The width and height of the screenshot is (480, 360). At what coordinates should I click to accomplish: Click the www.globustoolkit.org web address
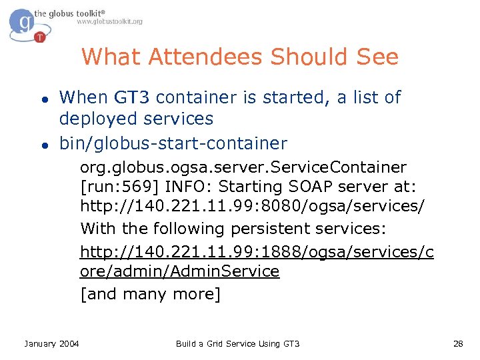(109, 22)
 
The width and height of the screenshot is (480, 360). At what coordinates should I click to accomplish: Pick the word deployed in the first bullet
(94, 119)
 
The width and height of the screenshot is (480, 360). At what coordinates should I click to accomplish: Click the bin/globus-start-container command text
(173, 143)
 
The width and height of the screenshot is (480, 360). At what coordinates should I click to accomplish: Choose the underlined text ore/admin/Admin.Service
(180, 271)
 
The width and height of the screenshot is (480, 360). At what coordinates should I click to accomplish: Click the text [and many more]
(150, 293)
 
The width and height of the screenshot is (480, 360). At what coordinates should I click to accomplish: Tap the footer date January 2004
(51, 344)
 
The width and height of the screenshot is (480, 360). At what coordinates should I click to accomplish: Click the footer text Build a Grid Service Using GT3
(238, 344)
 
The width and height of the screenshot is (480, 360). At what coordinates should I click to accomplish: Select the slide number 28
(457, 344)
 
